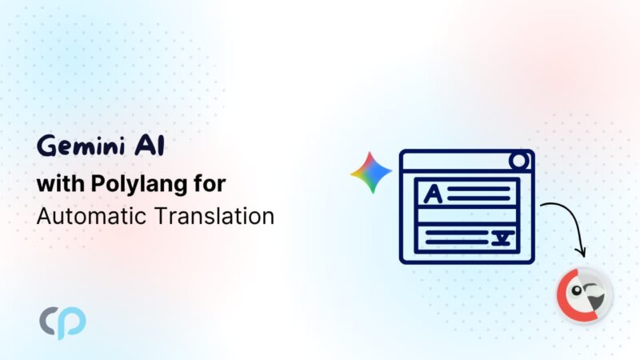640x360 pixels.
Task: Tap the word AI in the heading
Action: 150,146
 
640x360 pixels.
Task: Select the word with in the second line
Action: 61,183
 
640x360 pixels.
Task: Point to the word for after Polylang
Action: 210,183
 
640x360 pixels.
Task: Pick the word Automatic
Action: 91,216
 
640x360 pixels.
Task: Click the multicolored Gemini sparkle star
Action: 371,172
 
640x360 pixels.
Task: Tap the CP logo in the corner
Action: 62,322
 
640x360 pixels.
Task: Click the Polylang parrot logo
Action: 585,295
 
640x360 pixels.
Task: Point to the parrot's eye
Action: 577,290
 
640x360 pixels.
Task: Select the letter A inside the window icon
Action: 433,194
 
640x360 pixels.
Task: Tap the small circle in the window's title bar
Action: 518,161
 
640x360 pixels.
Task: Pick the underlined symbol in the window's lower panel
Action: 502,238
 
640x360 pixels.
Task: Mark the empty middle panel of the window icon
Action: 467,216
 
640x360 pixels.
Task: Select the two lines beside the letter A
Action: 478,194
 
